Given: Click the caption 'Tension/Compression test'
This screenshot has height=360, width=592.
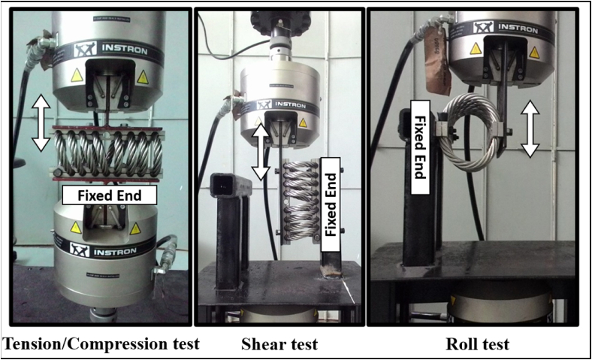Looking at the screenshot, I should tap(101, 345).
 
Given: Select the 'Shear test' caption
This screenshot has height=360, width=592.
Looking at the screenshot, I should tap(279, 345).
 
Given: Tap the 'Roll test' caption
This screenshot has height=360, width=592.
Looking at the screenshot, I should tap(478, 345).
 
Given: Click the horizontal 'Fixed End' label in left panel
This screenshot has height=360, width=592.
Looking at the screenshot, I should tap(109, 195).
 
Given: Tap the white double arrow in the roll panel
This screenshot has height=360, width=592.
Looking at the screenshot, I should tap(530, 130).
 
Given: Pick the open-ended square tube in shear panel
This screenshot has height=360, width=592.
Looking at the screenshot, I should tap(225, 188).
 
